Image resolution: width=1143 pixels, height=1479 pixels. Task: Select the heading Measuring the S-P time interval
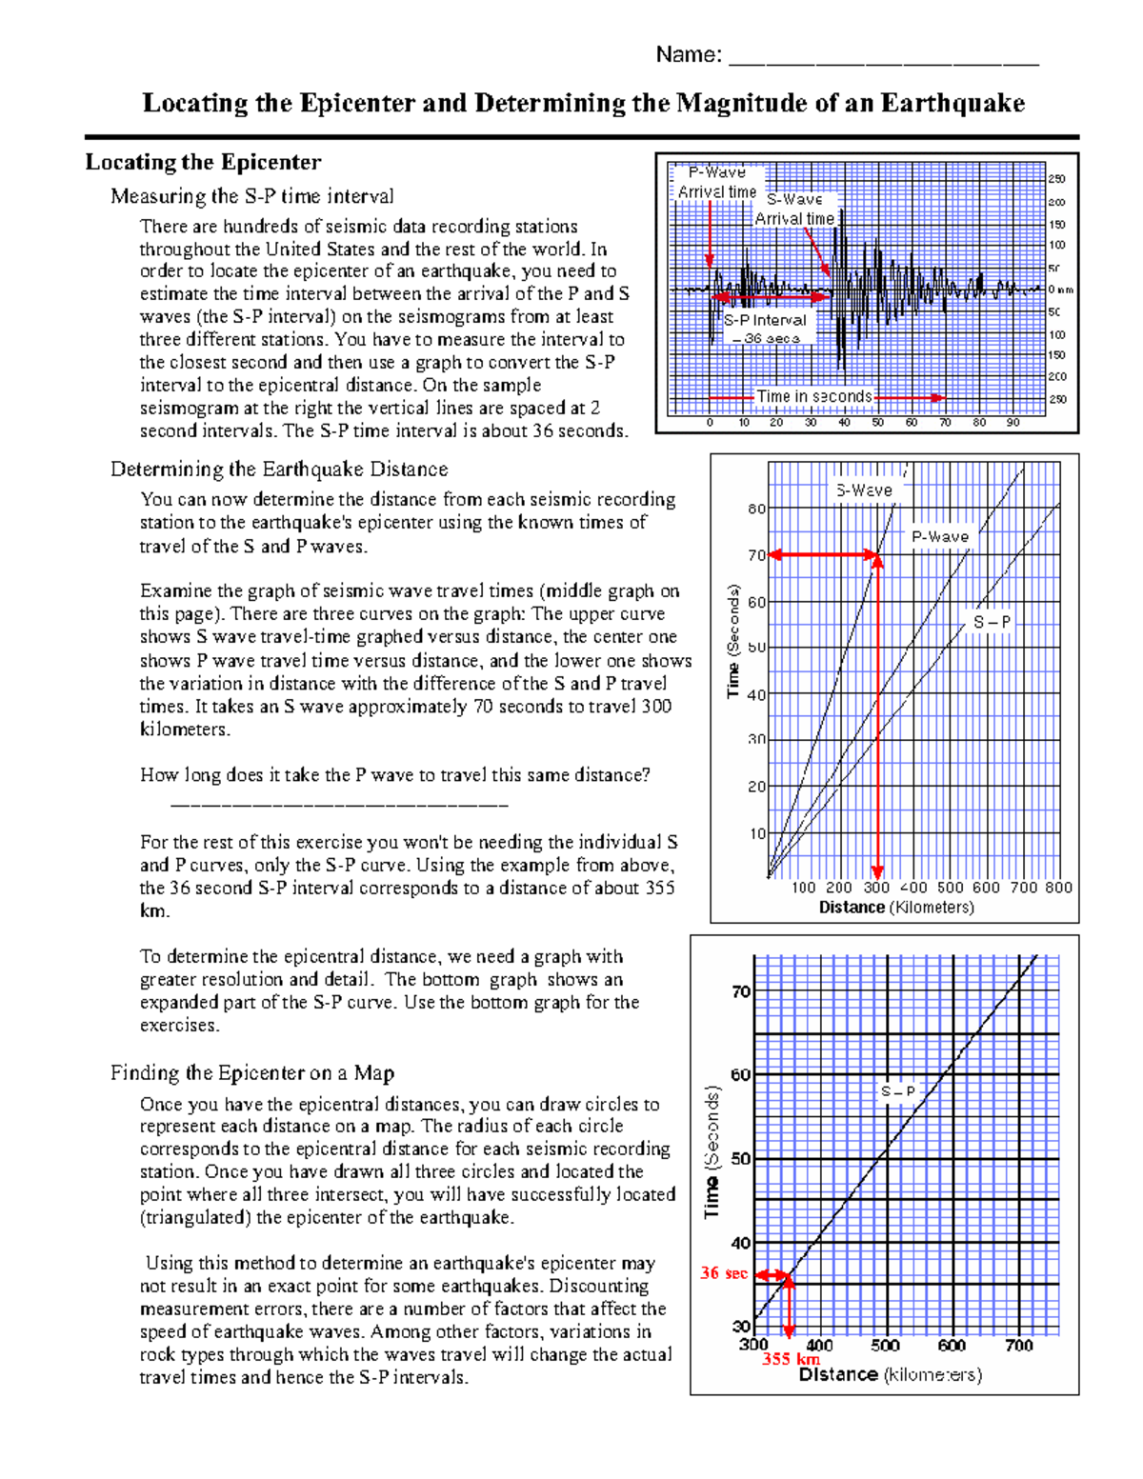coord(251,196)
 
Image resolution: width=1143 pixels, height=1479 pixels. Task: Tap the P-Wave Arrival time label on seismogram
coord(716,182)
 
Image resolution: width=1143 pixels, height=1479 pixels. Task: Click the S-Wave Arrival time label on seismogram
coord(794,210)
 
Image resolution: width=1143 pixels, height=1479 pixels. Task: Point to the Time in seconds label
coord(813,396)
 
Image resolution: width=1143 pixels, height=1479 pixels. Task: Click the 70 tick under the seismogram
coord(945,422)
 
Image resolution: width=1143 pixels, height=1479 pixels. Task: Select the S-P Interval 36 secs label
coord(765,329)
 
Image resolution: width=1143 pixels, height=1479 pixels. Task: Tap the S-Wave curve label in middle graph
coord(864,490)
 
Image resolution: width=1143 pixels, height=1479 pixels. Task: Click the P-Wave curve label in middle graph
coord(939,536)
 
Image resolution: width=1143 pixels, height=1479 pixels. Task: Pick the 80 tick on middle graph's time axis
coord(756,509)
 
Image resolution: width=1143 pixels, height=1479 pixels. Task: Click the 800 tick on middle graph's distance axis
coord(1058,888)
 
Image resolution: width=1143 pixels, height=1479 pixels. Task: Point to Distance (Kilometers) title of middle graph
coord(896,908)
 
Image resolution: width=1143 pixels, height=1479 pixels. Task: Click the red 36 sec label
coord(724,1273)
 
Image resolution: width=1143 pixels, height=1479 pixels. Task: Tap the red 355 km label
coord(791,1359)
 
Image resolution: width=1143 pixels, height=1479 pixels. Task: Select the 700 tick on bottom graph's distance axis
coord(1019,1346)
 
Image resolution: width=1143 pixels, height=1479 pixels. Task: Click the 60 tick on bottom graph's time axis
coord(741,1075)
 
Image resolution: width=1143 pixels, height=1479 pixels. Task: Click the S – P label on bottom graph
coord(897,1091)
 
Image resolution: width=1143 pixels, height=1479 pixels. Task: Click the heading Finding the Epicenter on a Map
coord(251,1073)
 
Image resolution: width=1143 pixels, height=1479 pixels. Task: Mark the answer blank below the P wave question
coord(339,806)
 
